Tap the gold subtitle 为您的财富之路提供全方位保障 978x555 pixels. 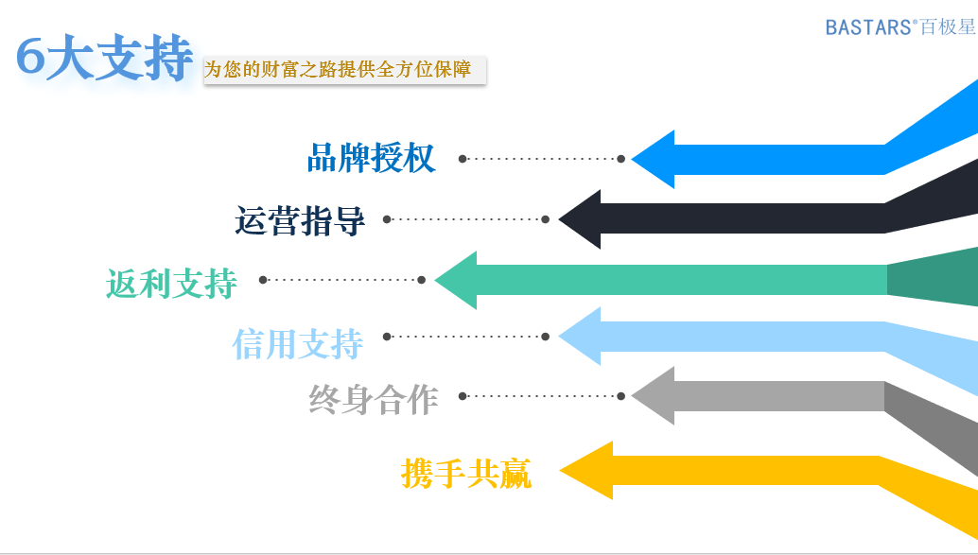pyautogui.click(x=338, y=69)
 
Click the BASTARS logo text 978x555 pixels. pyautogui.click(x=900, y=26)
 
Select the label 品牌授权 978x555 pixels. pyautogui.click(x=371, y=158)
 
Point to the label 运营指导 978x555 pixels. pyautogui.click(x=300, y=220)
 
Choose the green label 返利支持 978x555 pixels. pyautogui.click(x=171, y=283)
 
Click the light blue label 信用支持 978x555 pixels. pyautogui.click(x=298, y=343)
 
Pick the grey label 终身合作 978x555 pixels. pyautogui.click(x=374, y=399)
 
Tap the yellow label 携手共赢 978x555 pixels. pyautogui.click(x=466, y=474)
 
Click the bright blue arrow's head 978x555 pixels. pyautogui.click(x=653, y=159)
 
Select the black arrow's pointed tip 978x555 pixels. pyautogui.click(x=559, y=219)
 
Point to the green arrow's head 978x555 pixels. pyautogui.click(x=455, y=280)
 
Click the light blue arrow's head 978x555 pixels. pyautogui.click(x=580, y=336)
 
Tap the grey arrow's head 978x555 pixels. pyautogui.click(x=653, y=396)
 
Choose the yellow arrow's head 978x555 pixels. pyautogui.click(x=586, y=471)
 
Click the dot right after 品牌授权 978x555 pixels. pyautogui.click(x=463, y=159)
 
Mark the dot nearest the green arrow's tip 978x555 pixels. pyautogui.click(x=422, y=280)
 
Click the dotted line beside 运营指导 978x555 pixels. pyautogui.click(x=466, y=219)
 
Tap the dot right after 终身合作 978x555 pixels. pyautogui.click(x=463, y=396)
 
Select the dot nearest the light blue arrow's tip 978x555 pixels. pyautogui.click(x=546, y=337)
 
